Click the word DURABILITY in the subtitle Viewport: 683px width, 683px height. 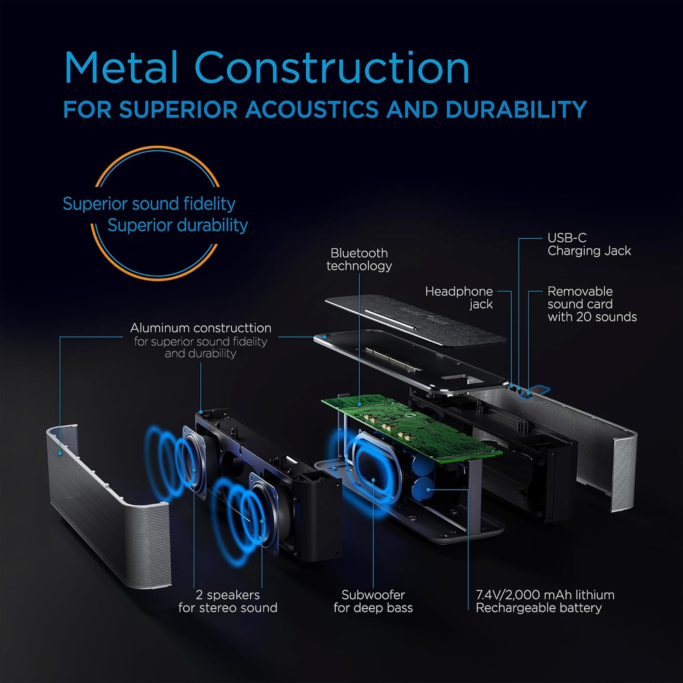(516, 110)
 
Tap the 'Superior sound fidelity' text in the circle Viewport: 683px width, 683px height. (149, 204)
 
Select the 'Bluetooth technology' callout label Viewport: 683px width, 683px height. (359, 259)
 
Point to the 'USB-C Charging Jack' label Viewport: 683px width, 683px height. (589, 244)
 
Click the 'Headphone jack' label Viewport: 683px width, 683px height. (459, 297)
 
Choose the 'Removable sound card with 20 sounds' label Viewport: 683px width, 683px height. (591, 304)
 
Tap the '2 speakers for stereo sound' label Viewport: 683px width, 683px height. (228, 601)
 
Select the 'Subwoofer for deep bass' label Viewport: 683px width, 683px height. (373, 601)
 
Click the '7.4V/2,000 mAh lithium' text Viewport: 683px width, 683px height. (545, 595)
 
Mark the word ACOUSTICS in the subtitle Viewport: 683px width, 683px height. (311, 110)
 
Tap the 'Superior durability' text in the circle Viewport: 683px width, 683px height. (178, 225)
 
